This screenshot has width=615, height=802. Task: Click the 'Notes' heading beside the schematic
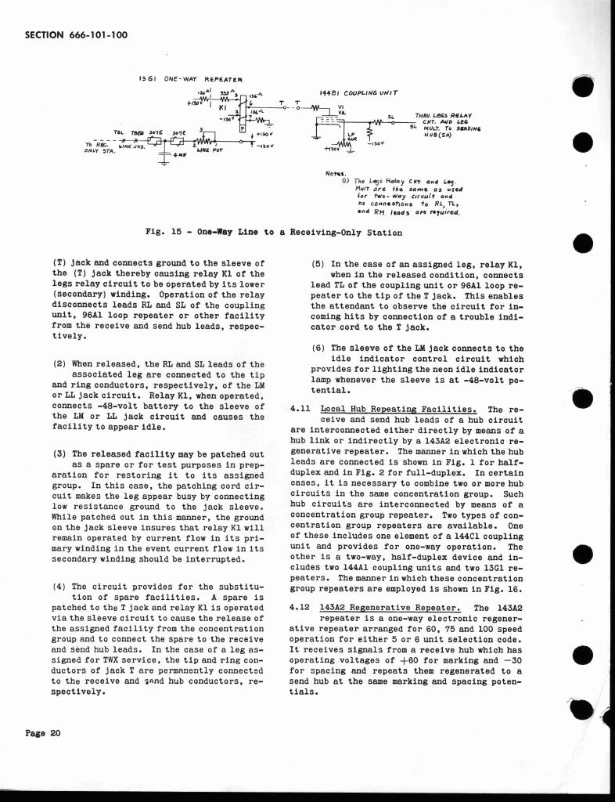click(333, 173)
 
